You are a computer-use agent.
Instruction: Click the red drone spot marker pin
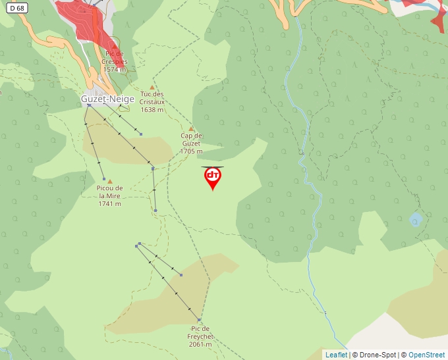[x=212, y=177]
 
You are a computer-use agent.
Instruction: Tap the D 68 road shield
[x=18, y=7]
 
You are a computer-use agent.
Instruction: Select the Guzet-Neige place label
[x=107, y=99]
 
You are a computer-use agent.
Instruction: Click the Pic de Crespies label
[x=114, y=58]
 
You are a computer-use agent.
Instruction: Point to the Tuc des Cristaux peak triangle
[x=152, y=87]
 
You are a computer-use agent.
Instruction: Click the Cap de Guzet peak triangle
[x=191, y=129]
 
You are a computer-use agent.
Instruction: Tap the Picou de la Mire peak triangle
[x=110, y=182]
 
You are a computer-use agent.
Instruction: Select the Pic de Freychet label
[x=200, y=332]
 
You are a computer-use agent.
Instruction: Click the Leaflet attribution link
[x=336, y=355]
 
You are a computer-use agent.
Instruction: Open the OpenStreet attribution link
[x=426, y=355]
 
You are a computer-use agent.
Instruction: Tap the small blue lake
[x=415, y=220]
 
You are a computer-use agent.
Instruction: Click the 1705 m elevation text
[x=191, y=151]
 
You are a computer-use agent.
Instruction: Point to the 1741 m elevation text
[x=110, y=203]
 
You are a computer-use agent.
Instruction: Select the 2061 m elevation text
[x=200, y=344]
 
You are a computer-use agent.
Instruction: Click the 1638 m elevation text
[x=152, y=109]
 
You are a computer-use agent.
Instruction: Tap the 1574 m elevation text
[x=114, y=69]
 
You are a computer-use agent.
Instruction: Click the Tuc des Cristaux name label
[x=152, y=97]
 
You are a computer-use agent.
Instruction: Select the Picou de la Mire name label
[x=110, y=192]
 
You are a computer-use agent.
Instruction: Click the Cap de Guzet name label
[x=191, y=140]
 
